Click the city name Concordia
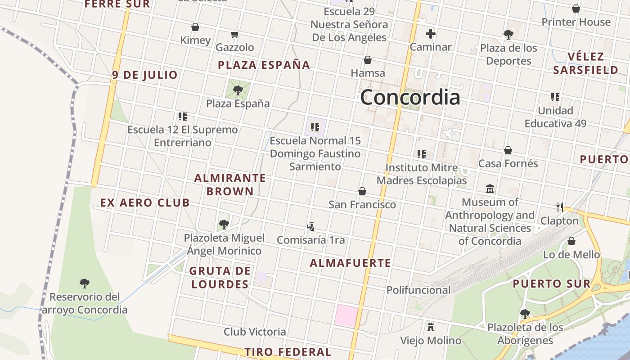coord(410,97)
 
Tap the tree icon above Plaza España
coord(238,90)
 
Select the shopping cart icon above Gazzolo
coord(234,34)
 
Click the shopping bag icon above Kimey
coord(195,27)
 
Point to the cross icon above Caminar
coord(431,34)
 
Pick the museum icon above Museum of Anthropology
coord(490,189)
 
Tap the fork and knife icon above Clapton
coord(559,207)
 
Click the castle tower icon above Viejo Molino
coord(431,327)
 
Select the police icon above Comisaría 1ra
coord(310,226)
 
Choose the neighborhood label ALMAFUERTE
coord(351,263)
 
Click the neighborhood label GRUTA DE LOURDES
coord(220,278)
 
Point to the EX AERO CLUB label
coord(145,203)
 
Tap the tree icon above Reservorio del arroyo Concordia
coord(84,283)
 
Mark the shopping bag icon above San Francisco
coord(362,191)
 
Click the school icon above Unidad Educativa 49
coord(555,97)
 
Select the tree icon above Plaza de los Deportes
coord(508,34)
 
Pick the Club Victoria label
coord(255,332)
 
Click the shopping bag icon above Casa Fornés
coord(508,150)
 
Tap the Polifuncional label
coord(418,290)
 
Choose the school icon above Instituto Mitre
coord(421,154)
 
